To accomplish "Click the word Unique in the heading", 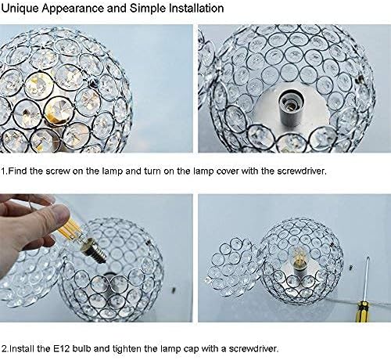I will [23, 10].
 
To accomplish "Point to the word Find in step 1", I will [19, 169].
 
